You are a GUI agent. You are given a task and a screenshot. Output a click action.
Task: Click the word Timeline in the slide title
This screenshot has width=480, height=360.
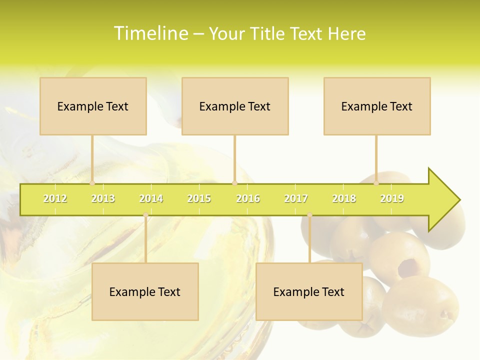click(150, 33)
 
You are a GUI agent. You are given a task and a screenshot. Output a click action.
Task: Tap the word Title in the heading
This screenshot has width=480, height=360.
click(268, 33)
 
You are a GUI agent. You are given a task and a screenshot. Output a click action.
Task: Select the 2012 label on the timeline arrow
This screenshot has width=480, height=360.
click(55, 198)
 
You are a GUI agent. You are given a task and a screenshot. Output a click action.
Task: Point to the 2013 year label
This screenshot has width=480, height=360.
click(103, 198)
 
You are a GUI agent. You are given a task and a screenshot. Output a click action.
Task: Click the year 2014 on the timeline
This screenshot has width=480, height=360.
click(151, 198)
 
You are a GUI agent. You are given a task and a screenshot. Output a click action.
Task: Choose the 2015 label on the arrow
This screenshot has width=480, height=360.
click(199, 198)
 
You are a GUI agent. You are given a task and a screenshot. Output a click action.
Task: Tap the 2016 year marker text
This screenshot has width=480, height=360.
click(248, 198)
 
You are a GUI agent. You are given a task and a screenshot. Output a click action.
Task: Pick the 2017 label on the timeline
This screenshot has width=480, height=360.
click(296, 198)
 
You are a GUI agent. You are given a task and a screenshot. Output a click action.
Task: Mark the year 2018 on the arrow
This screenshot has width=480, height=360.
click(344, 198)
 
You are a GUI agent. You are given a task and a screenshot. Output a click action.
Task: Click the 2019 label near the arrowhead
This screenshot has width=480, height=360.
click(392, 198)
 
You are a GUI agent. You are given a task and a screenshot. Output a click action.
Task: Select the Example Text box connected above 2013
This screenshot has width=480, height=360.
click(93, 106)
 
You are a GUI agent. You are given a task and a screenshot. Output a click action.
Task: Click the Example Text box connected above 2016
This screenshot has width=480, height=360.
click(235, 106)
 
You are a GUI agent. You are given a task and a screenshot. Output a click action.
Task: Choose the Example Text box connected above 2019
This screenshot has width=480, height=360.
click(377, 106)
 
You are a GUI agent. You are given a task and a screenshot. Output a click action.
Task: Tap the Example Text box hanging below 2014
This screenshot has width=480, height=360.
click(145, 291)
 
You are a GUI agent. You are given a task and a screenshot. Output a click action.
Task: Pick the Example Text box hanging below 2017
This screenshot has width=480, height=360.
click(309, 291)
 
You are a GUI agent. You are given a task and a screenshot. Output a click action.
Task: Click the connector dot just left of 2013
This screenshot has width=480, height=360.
click(92, 183)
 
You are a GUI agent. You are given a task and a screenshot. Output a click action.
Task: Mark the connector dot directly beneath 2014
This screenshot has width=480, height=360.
click(145, 215)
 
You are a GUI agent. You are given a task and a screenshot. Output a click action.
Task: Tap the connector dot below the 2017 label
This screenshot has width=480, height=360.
click(309, 215)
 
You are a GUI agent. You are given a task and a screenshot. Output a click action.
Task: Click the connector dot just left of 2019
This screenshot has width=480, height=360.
click(376, 183)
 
